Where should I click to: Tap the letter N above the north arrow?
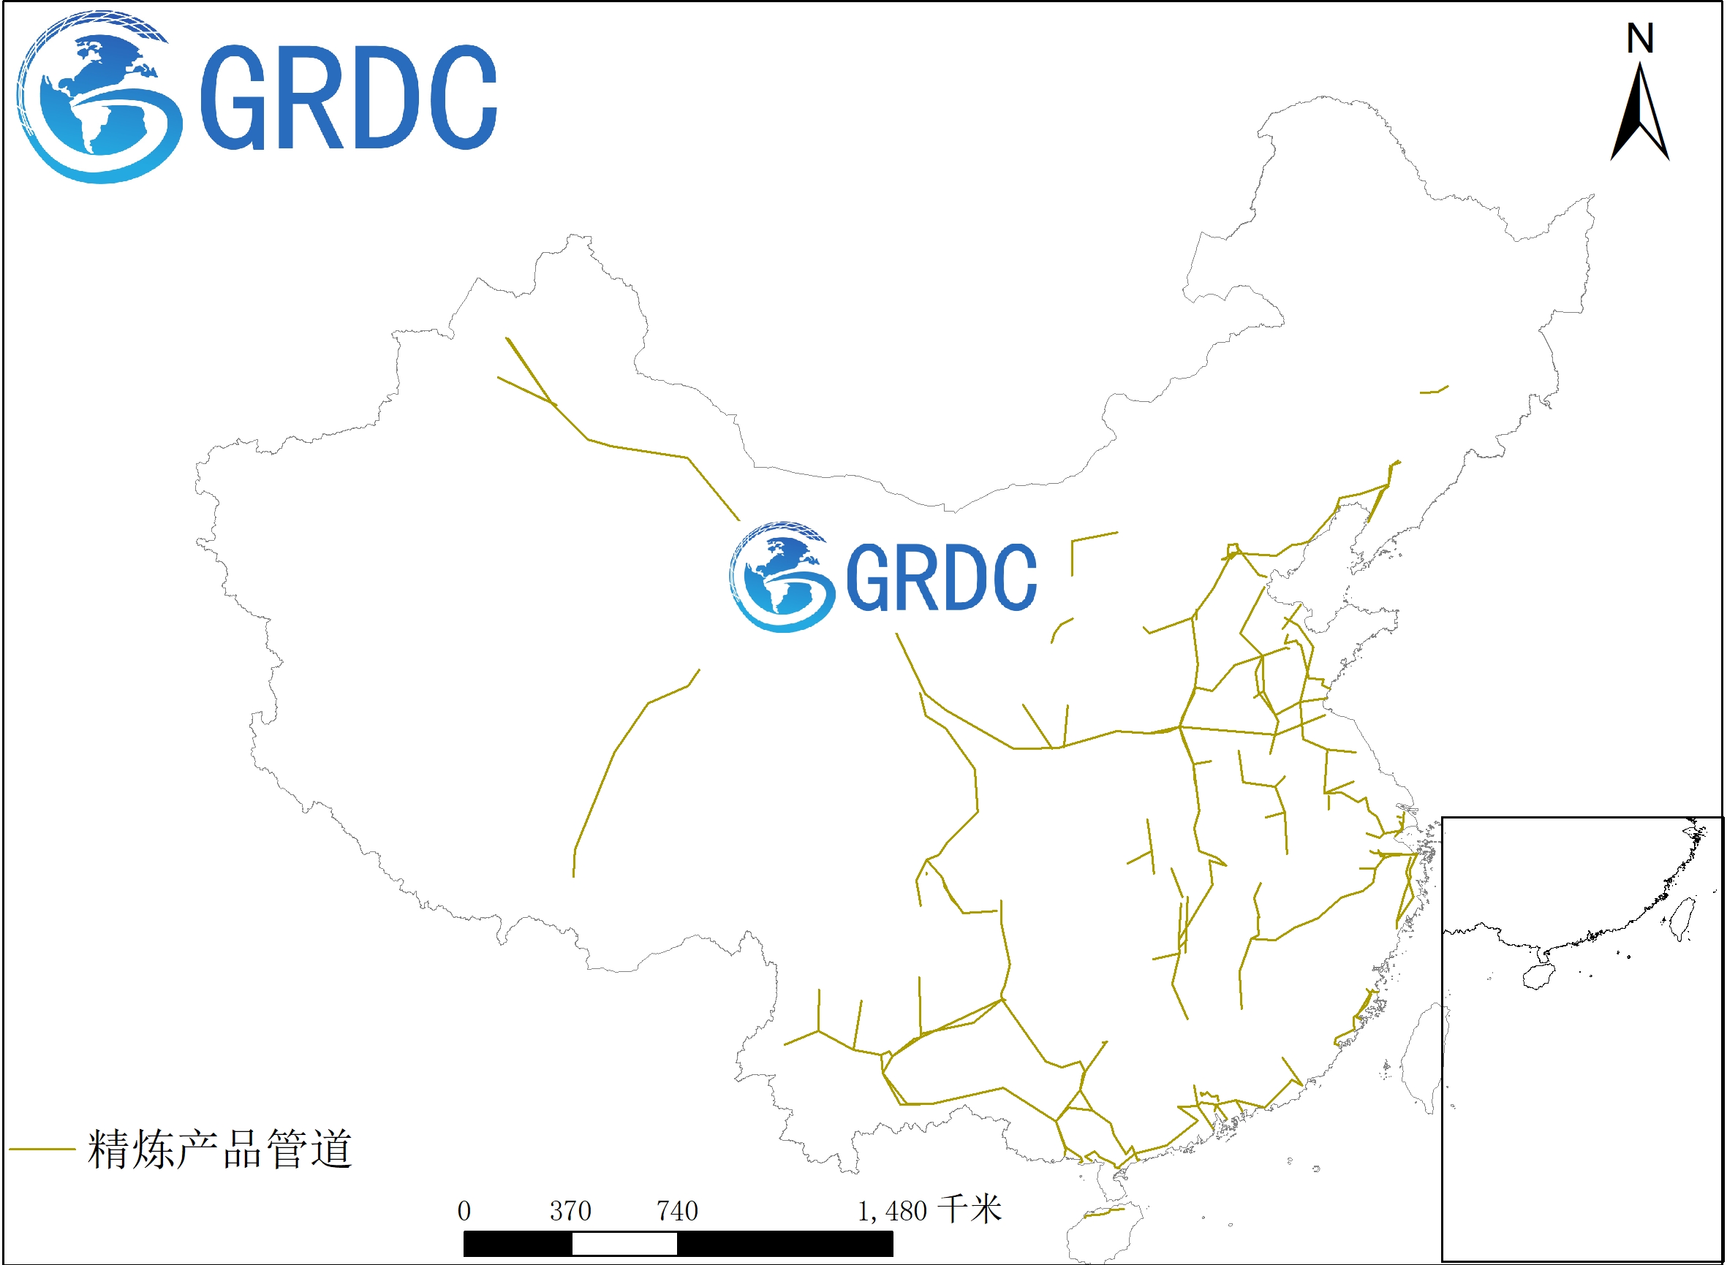pos(1640,38)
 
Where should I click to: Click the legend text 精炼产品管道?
pos(219,1150)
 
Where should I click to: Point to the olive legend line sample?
pos(42,1150)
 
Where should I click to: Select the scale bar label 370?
pos(570,1211)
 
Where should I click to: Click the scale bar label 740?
pos(677,1211)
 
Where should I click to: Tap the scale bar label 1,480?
pos(892,1211)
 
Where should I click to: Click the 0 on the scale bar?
pos(464,1211)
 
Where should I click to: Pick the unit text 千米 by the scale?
pos(970,1209)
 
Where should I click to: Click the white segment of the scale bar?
pos(624,1245)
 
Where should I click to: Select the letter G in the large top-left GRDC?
pos(233,97)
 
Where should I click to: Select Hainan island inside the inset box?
pos(1538,976)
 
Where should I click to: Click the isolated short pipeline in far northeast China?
pos(1434,390)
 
